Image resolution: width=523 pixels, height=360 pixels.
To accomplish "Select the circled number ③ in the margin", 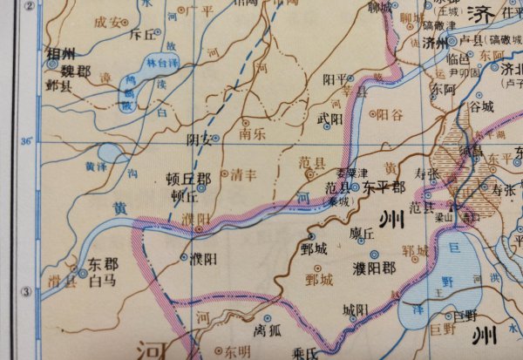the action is point(27,293).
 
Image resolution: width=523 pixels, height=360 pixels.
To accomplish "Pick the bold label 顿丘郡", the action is point(187,180).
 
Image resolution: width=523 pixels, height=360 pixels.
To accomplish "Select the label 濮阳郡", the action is point(373,267).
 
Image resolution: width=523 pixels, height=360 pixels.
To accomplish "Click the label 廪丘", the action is point(361,234).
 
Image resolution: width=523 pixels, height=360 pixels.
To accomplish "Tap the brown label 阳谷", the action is point(389,114).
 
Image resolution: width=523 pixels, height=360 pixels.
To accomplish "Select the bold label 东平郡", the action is point(384,187).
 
